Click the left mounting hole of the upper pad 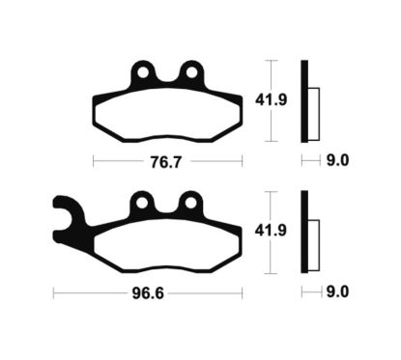click(x=144, y=71)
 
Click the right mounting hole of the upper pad click(x=192, y=71)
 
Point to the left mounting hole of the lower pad click(x=144, y=203)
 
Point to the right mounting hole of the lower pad click(x=192, y=203)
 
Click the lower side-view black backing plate click(x=304, y=230)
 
